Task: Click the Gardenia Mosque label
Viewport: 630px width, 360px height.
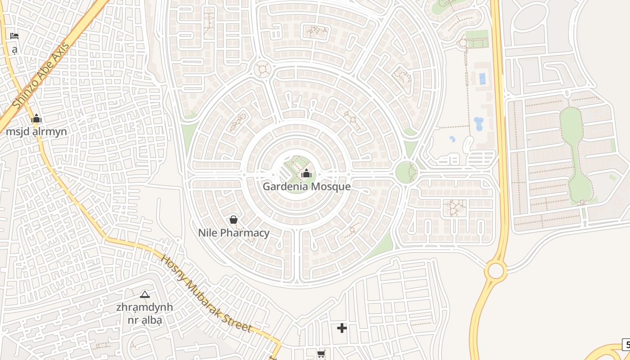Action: pos(306,186)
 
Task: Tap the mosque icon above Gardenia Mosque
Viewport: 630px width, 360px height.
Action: pos(306,173)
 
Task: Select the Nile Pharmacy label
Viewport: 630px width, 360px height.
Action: pos(234,233)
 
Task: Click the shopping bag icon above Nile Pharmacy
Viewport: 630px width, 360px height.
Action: pos(233,220)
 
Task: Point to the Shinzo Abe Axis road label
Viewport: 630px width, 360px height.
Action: pos(41,76)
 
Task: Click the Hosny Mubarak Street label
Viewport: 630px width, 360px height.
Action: pos(206,293)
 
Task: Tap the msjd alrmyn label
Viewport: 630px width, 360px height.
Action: pos(36,131)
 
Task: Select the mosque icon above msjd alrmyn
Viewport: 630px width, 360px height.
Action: pos(36,119)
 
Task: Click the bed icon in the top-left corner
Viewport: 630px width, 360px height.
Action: pos(14,36)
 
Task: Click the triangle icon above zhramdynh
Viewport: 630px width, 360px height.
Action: pos(144,295)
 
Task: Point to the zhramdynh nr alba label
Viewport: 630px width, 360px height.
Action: pos(144,314)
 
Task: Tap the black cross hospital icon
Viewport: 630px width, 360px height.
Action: pos(342,328)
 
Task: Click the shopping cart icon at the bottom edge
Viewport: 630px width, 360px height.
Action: pos(321,354)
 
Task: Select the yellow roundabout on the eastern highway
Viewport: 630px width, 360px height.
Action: pos(496,271)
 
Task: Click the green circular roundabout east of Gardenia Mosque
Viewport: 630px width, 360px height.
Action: pos(406,172)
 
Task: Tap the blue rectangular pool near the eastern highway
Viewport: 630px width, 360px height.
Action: pos(482,79)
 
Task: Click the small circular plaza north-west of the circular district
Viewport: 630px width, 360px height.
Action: pos(261,70)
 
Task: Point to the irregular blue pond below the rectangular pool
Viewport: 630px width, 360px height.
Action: pos(478,123)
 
